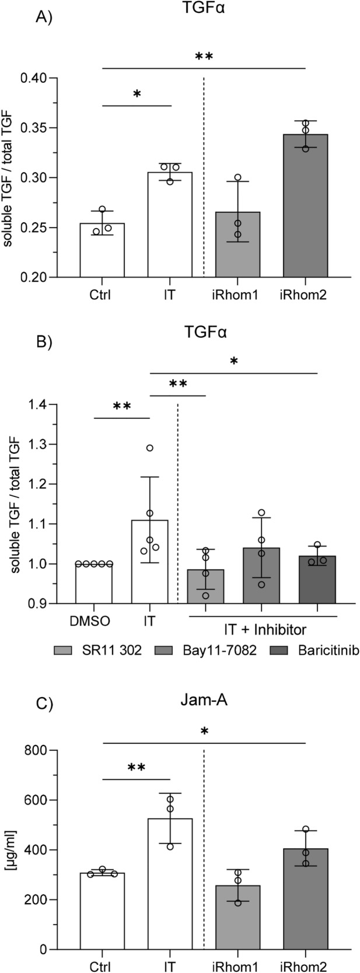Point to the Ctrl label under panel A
102,295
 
